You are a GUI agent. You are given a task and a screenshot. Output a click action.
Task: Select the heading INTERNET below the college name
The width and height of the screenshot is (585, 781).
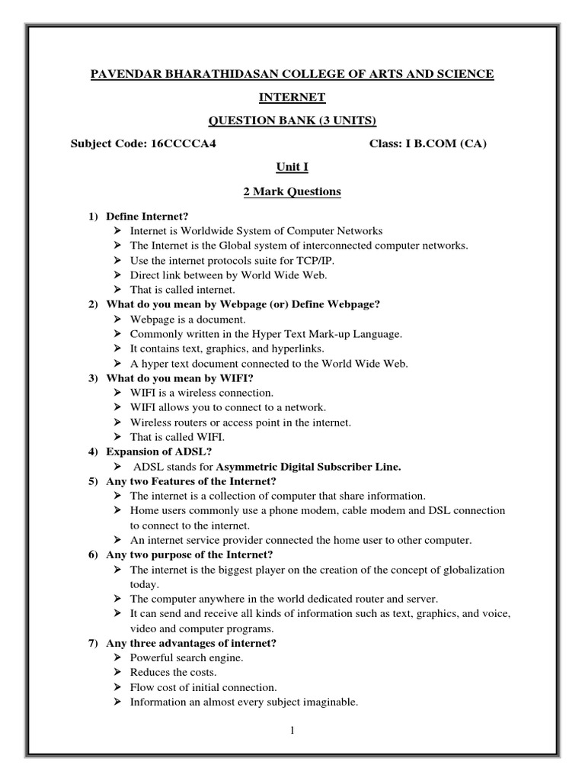click(292, 97)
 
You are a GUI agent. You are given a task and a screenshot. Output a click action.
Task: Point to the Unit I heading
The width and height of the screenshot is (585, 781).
click(292, 166)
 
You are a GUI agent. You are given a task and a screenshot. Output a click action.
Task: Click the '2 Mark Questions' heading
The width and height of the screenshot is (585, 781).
click(292, 192)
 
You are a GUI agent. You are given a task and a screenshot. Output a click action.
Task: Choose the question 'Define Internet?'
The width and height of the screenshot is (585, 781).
click(147, 217)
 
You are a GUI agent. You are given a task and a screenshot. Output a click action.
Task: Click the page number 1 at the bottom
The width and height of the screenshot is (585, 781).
click(292, 731)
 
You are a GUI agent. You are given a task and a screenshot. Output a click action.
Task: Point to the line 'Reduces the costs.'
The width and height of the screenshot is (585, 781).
click(174, 672)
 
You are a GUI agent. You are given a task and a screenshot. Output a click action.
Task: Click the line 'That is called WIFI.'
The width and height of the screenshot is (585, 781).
click(177, 437)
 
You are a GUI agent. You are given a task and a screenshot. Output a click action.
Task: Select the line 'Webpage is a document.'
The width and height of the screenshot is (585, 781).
click(188, 319)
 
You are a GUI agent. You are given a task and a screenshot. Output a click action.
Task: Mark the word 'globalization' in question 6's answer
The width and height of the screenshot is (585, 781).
click(474, 570)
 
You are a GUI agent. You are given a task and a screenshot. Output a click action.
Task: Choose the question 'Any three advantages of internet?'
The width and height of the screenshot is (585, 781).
click(191, 643)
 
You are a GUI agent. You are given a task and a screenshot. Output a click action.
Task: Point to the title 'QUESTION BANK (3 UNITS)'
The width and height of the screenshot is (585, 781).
click(292, 120)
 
